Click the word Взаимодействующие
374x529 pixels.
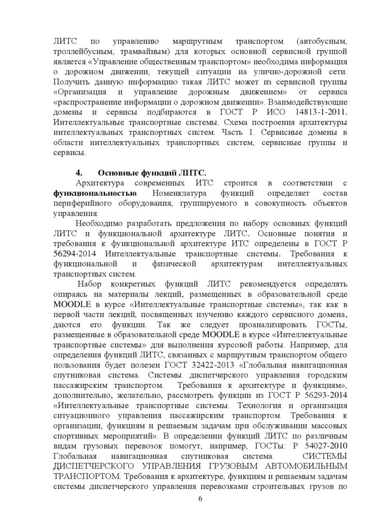[x=306, y=101]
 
